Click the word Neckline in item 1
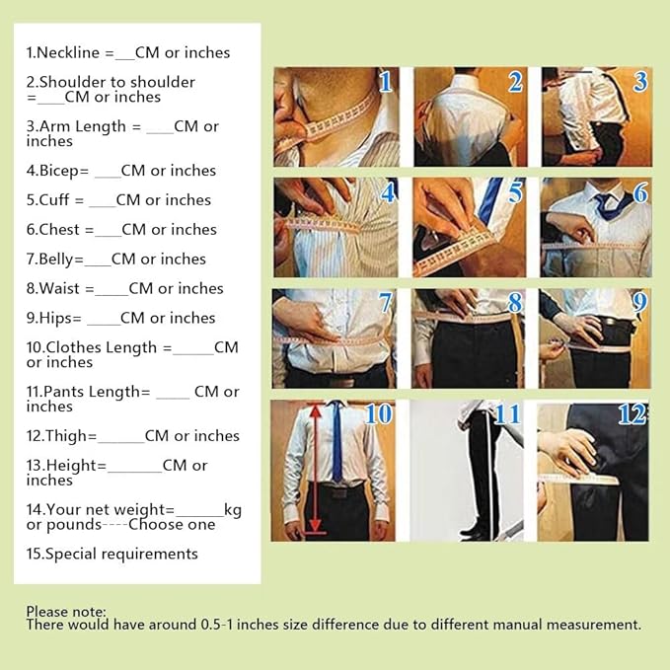(67, 52)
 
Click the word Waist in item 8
(59, 288)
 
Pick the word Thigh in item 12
(67, 436)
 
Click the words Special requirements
(121, 555)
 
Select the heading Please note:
(66, 612)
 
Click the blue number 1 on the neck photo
(385, 82)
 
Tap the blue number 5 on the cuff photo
(515, 192)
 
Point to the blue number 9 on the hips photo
(639, 302)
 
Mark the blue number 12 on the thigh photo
(633, 414)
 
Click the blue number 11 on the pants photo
(507, 414)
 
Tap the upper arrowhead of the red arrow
(316, 411)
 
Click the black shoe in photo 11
(474, 532)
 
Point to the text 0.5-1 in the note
(217, 625)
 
